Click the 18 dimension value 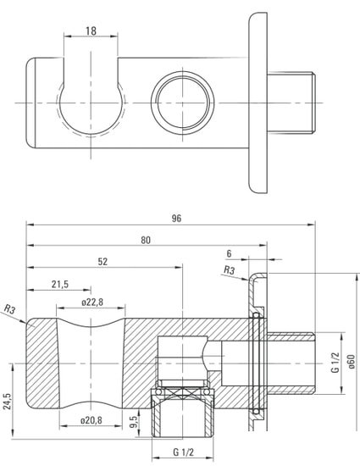point(91,31)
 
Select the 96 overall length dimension point(176,219)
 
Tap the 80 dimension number point(146,240)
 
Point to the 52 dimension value point(102,262)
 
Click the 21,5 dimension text point(60,285)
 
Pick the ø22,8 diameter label point(92,302)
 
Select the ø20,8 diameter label point(91,420)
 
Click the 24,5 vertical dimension point(7,402)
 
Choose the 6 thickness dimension point(229,253)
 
